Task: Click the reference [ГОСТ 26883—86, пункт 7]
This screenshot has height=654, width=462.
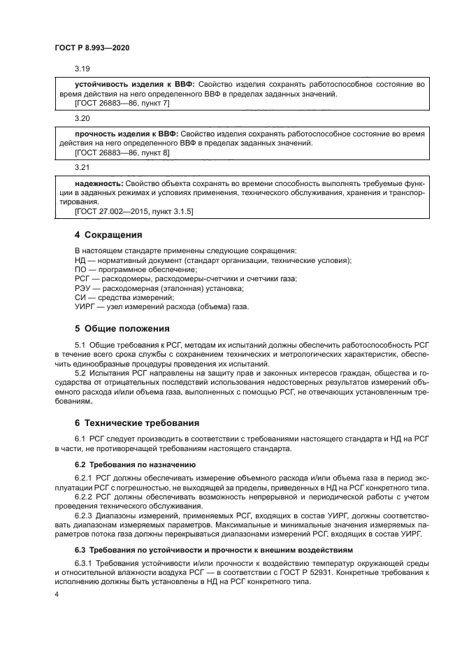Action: click(x=122, y=104)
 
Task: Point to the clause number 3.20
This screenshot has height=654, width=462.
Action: click(x=83, y=119)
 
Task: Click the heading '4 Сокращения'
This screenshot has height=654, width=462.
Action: click(x=108, y=234)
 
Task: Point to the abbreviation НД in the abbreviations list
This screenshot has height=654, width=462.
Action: click(x=80, y=260)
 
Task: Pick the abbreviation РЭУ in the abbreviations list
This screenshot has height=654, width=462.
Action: click(x=82, y=287)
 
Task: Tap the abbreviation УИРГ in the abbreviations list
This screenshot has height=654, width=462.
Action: click(x=85, y=306)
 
